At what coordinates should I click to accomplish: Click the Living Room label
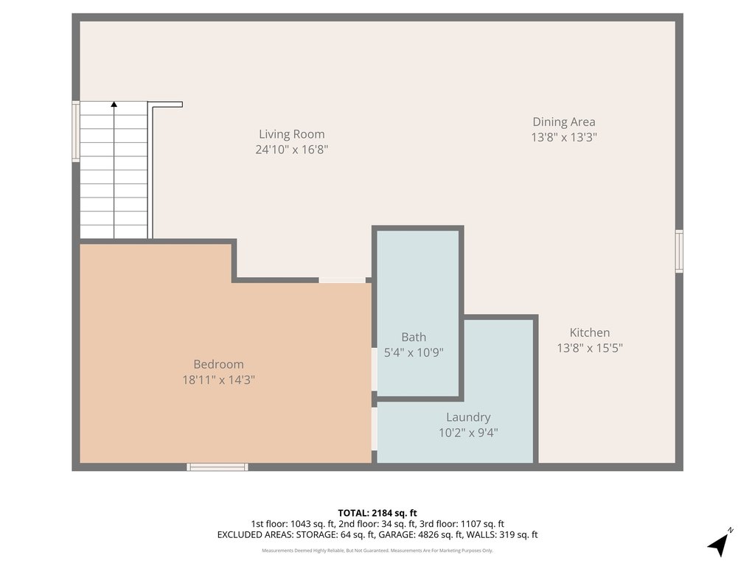(x=292, y=134)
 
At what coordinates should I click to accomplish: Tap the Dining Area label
(x=564, y=122)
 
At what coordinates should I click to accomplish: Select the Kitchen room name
(x=590, y=332)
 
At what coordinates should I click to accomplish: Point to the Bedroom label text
(x=218, y=364)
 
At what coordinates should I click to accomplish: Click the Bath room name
(x=414, y=337)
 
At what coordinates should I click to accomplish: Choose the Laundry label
(x=468, y=417)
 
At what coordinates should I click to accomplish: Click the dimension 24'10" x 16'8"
(x=292, y=149)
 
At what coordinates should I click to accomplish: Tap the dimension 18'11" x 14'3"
(x=218, y=380)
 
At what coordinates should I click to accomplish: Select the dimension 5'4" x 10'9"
(x=414, y=352)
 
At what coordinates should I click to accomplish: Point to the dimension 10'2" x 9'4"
(x=468, y=433)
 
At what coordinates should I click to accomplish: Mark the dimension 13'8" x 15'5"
(x=590, y=348)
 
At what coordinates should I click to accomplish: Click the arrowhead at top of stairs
(x=114, y=104)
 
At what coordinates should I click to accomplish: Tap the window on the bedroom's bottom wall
(x=218, y=467)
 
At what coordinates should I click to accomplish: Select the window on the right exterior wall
(x=679, y=251)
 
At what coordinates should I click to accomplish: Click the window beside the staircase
(x=76, y=131)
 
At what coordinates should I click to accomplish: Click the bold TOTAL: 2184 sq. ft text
(x=377, y=513)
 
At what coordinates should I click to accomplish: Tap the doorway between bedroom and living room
(x=342, y=280)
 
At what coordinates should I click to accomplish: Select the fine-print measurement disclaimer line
(x=377, y=551)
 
